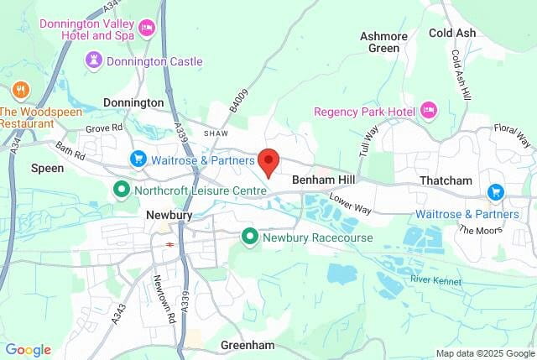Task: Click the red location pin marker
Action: click(268, 161)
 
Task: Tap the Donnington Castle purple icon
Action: click(94, 60)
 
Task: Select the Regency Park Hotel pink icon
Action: click(429, 111)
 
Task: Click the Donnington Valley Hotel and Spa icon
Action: click(147, 29)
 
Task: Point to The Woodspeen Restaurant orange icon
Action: click(20, 89)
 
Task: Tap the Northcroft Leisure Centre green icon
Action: click(121, 190)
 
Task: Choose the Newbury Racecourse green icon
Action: click(249, 237)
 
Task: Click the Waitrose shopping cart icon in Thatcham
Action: click(495, 192)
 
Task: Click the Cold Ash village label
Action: click(452, 33)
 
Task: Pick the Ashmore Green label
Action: click(384, 42)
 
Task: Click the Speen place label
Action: click(47, 168)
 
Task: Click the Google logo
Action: click(28, 350)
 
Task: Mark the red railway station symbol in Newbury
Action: click(169, 244)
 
